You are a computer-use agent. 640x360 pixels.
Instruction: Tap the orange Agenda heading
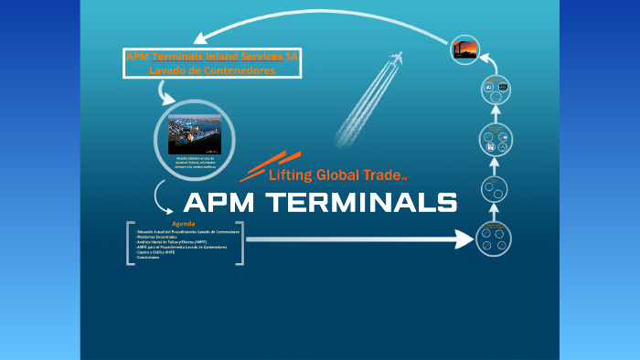pyautogui.click(x=183, y=224)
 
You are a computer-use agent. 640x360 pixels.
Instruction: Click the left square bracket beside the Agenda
pyautogui.click(x=130, y=242)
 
